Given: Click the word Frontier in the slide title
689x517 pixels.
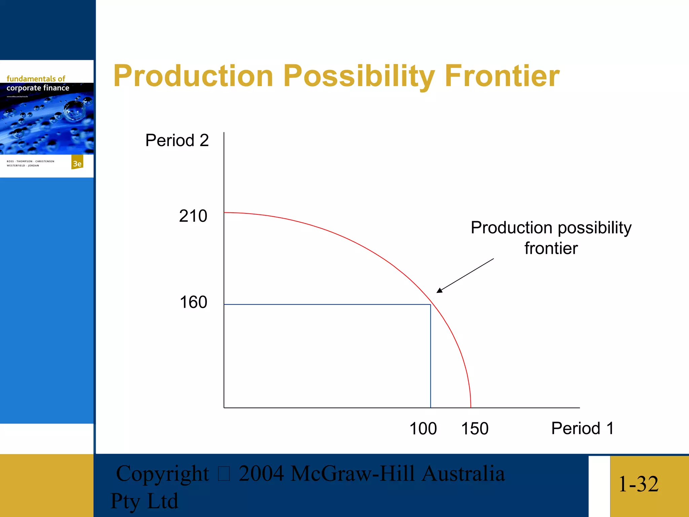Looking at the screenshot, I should click(x=502, y=76).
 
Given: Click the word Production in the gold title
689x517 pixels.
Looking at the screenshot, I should click(x=193, y=76).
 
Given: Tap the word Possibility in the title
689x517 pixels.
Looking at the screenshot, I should click(x=359, y=76).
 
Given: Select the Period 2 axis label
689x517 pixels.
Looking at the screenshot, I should click(x=177, y=140).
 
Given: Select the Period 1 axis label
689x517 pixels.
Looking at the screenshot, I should click(x=582, y=428).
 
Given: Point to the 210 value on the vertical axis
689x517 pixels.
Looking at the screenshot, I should click(x=193, y=216).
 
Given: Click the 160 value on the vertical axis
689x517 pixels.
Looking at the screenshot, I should click(x=193, y=302).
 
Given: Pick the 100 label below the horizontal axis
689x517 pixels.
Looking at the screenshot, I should click(x=423, y=429).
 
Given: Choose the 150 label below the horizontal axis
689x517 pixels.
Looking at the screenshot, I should click(x=474, y=429).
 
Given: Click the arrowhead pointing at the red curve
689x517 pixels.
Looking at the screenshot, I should click(x=439, y=290).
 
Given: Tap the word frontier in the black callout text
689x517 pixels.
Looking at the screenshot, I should click(x=551, y=248).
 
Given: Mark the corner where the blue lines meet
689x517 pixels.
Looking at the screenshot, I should click(x=431, y=305).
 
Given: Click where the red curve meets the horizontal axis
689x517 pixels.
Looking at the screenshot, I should click(x=471, y=408).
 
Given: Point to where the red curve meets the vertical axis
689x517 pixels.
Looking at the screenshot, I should click(x=224, y=213).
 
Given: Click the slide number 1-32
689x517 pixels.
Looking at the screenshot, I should click(x=638, y=484).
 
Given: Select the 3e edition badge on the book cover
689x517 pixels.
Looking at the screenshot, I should click(x=77, y=163).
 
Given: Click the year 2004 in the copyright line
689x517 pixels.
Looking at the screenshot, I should click(x=261, y=474).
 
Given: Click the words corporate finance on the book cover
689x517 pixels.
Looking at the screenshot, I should click(x=38, y=88).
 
